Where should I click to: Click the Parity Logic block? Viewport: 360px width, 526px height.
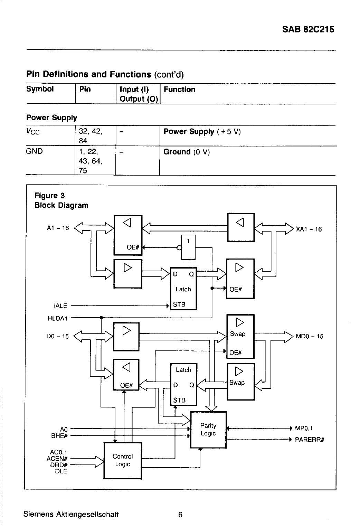[208, 430]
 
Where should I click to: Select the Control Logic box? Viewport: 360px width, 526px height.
[123, 461]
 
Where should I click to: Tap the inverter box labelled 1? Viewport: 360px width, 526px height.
[188, 247]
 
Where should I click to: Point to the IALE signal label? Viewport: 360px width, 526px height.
[60, 306]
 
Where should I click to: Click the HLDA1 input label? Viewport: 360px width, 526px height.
[57, 318]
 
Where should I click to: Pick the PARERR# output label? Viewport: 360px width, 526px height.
[310, 440]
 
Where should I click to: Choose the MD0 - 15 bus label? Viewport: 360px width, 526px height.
[310, 337]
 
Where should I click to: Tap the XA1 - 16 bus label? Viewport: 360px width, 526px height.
[309, 229]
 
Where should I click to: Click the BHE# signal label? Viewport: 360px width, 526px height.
[59, 436]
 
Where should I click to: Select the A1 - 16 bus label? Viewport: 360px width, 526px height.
[58, 228]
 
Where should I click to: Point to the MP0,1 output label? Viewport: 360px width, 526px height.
[304, 428]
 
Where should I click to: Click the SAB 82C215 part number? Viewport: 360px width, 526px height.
[308, 29]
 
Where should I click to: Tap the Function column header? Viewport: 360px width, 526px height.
[180, 89]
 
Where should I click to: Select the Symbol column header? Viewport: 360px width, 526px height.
[40, 89]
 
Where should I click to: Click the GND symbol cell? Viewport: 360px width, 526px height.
[34, 151]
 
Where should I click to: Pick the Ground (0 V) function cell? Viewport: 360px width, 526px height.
[187, 152]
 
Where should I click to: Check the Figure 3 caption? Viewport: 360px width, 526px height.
[49, 195]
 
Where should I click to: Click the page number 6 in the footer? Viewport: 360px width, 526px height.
[180, 515]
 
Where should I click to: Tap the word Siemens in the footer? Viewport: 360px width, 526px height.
[38, 514]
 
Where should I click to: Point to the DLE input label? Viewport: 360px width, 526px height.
[61, 471]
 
